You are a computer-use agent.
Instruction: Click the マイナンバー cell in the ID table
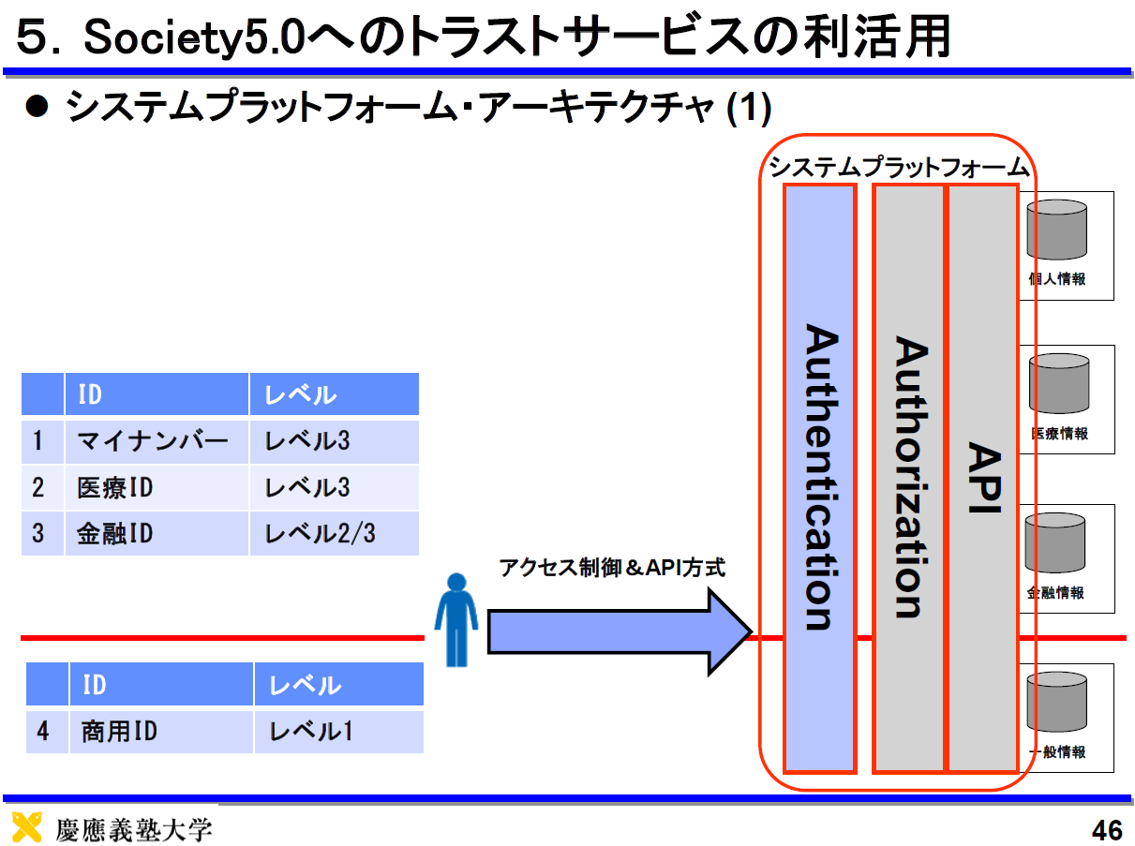coord(157,442)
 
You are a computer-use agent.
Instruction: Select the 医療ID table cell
coord(157,488)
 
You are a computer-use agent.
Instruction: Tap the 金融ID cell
coord(157,533)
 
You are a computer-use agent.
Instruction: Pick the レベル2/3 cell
coord(335,533)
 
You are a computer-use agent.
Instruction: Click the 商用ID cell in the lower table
coord(161,732)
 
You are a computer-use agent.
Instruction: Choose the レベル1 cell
coord(339,732)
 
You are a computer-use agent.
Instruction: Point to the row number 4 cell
coord(47,732)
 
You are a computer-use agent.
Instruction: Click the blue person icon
coord(456,619)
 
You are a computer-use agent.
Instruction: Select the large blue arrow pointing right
coord(620,631)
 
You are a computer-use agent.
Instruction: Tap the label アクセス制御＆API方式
coord(612,568)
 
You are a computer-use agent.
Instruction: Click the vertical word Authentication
coord(822,477)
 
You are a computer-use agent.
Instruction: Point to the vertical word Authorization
coord(911,477)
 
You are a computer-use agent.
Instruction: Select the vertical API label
coord(984,477)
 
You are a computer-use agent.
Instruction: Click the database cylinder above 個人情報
coord(1057,230)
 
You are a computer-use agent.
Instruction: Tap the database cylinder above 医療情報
coord(1059,383)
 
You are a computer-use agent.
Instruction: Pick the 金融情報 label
coord(1055,592)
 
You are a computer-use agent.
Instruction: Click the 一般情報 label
coord(1057,751)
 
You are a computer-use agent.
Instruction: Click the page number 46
coord(1107,831)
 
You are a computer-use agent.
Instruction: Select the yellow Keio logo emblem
coord(26,827)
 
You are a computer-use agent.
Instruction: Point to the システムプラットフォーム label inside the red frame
coord(899,167)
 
